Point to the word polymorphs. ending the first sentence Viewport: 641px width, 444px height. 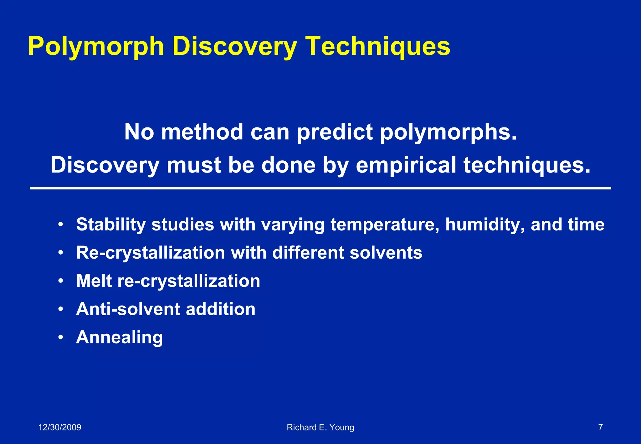click(x=448, y=132)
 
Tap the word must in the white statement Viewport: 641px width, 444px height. click(x=194, y=165)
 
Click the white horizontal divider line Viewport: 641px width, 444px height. click(x=320, y=188)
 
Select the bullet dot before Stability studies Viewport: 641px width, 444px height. click(x=61, y=225)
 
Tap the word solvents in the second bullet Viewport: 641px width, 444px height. click(x=386, y=253)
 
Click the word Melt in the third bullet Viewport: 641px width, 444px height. click(x=94, y=281)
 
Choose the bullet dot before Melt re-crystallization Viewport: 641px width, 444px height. click(x=61, y=281)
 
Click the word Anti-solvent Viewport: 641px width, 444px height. click(x=128, y=309)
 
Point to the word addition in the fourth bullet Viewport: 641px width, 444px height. click(x=221, y=309)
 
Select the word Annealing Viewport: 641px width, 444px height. click(x=119, y=338)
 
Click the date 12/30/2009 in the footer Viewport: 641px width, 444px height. click(x=59, y=427)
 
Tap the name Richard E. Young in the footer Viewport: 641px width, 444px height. click(x=320, y=427)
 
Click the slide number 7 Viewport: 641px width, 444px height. click(x=600, y=427)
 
